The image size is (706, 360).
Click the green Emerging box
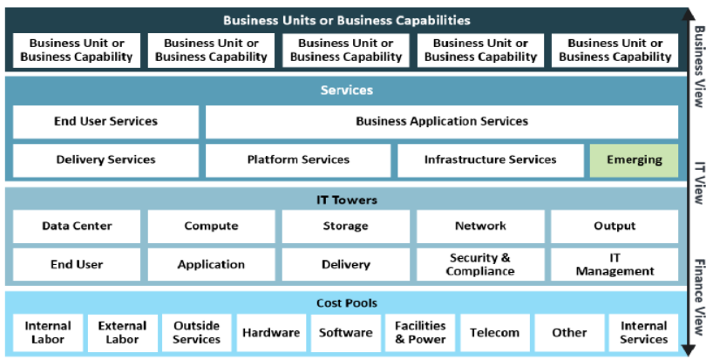pos(634,160)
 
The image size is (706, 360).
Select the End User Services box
pos(105,122)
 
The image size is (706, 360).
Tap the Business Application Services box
pos(441,122)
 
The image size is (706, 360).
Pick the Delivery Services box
pos(105,160)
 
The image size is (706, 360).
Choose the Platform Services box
pos(298,160)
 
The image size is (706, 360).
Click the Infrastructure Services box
pos(490,160)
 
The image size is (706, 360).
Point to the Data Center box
pos(77,227)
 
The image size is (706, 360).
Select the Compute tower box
pos(211,227)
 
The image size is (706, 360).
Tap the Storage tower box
pos(345,227)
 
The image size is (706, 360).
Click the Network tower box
pos(479,227)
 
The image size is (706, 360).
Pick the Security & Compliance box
pos(479,264)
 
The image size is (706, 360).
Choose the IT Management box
pos(614,264)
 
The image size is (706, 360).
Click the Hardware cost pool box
pos(271,333)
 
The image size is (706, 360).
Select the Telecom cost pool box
pos(494,333)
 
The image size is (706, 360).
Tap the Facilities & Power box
pos(420,333)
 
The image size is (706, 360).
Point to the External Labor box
pos(122,333)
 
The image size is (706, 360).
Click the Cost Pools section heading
pos(346,303)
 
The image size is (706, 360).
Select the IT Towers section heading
pos(346,200)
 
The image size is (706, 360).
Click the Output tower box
pos(614,227)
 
